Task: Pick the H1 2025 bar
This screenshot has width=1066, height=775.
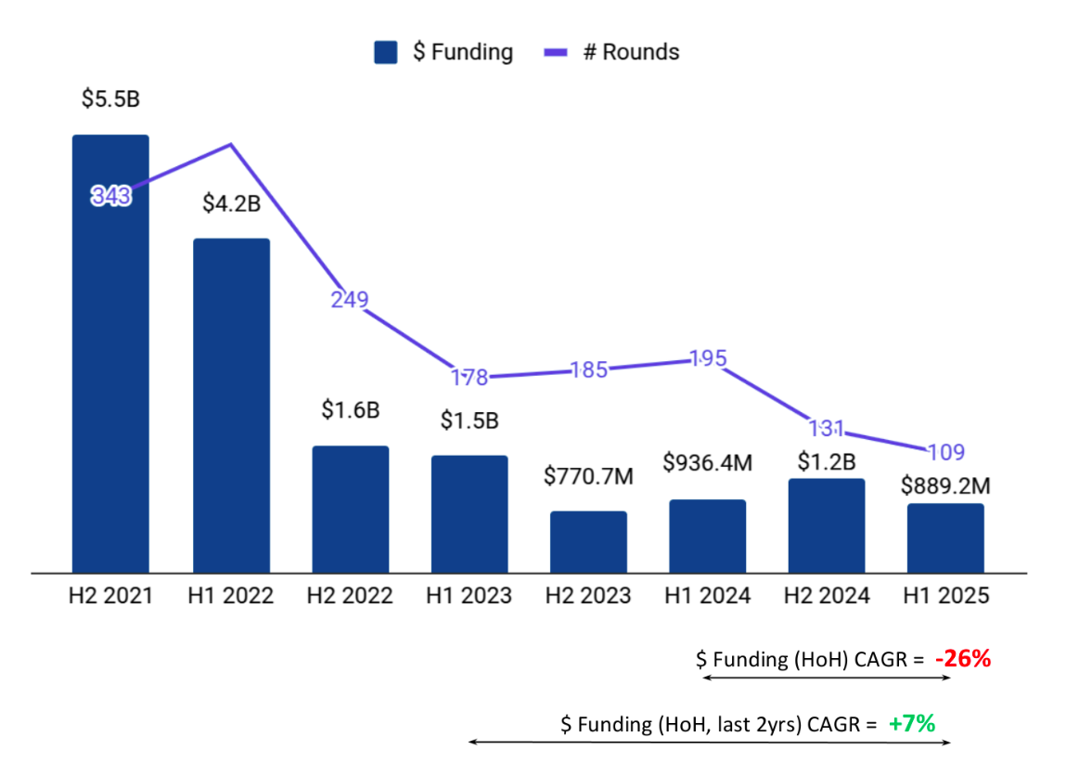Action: tap(945, 537)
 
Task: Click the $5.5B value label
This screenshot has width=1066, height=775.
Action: tap(110, 98)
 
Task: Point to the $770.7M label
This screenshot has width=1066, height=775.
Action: tap(588, 477)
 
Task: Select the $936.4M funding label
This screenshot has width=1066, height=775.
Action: tap(707, 462)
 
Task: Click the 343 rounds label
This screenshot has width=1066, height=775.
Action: tap(111, 196)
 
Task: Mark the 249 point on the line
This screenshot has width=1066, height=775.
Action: tap(350, 300)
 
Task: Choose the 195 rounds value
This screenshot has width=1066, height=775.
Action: tap(708, 359)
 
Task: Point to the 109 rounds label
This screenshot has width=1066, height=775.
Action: tap(945, 453)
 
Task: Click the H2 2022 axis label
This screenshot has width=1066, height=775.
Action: tap(350, 596)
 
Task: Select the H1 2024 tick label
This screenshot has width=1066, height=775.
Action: tap(707, 596)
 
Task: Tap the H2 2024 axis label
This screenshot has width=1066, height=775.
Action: tap(827, 596)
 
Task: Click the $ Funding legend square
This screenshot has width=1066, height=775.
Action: tap(385, 52)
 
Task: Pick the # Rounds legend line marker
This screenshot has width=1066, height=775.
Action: tap(554, 53)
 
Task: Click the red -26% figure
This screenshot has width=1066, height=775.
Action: tap(963, 659)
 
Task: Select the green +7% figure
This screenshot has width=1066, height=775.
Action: tap(911, 724)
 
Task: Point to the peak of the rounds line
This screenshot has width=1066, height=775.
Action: tap(231, 144)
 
